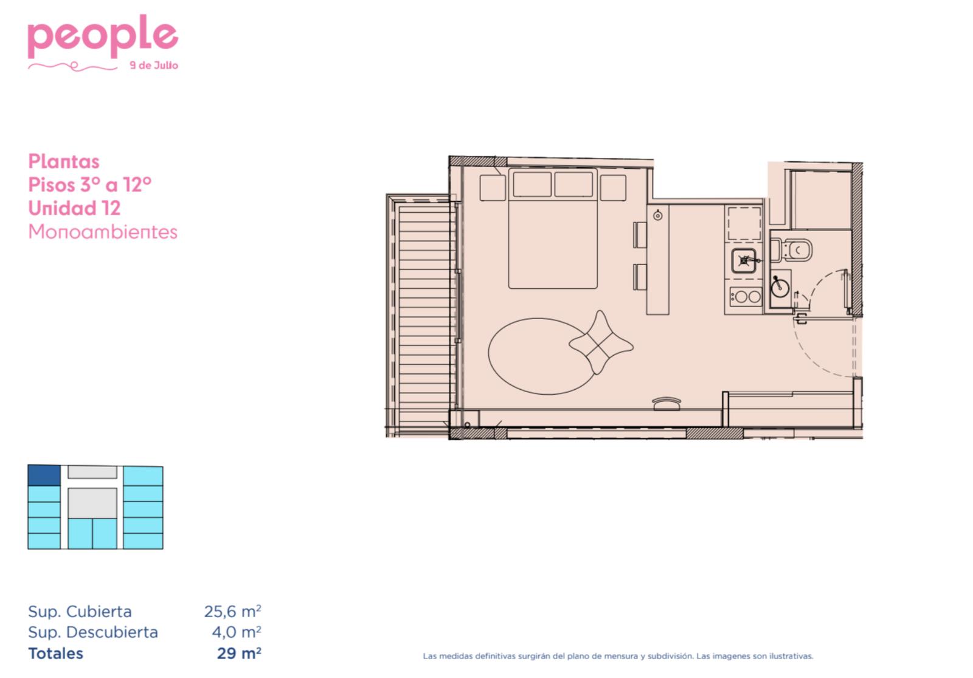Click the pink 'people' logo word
(103, 36)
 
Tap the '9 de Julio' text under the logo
(154, 66)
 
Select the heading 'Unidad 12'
(74, 208)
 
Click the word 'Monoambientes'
(103, 232)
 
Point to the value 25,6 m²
(233, 611)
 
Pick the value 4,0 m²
(237, 632)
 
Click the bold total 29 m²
(239, 653)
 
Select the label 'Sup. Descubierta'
(93, 632)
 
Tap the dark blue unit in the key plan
(44, 475)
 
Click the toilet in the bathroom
(791, 250)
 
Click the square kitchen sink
(744, 261)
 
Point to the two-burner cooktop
(746, 296)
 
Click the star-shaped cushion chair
(601, 343)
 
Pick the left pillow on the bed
(532, 184)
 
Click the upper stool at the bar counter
(640, 235)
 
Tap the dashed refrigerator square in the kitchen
(744, 224)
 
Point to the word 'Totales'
(55, 653)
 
